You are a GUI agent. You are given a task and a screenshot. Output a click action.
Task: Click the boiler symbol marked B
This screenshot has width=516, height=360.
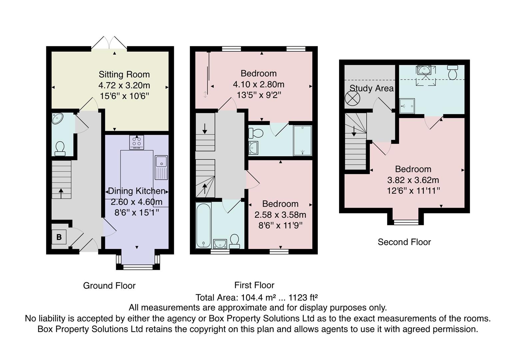pyautogui.click(x=59, y=237)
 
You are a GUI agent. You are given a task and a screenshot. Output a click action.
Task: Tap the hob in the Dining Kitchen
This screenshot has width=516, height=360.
pyautogui.click(x=137, y=142)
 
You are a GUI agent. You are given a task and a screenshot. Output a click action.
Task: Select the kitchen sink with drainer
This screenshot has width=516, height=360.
pyautogui.click(x=161, y=167)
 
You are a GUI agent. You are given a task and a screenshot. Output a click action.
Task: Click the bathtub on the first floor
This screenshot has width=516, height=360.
pyautogui.click(x=203, y=225)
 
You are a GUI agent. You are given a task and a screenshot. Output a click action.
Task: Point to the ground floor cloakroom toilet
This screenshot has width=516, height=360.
pyautogui.click(x=60, y=149)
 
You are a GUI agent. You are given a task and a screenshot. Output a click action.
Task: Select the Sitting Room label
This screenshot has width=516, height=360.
pyautogui.click(x=124, y=74)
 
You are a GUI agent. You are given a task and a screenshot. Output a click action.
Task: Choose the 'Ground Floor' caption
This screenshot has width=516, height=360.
pyautogui.click(x=109, y=286)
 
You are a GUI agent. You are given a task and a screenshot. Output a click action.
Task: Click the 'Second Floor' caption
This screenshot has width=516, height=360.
pyautogui.click(x=404, y=242)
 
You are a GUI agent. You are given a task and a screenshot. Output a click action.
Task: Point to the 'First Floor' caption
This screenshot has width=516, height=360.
pyautogui.click(x=254, y=285)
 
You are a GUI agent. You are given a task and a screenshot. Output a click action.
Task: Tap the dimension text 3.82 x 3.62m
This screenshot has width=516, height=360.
pyautogui.click(x=413, y=180)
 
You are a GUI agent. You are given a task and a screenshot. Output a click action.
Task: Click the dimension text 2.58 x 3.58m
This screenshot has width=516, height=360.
pyautogui.click(x=280, y=215)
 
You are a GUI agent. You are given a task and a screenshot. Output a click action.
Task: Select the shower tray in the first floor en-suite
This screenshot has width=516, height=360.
pyautogui.click(x=302, y=140)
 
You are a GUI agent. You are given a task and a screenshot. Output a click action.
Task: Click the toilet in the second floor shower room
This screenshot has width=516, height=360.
pyautogui.click(x=453, y=72)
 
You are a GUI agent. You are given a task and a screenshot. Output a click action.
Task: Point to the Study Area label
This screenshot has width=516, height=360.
pyautogui.click(x=371, y=88)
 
